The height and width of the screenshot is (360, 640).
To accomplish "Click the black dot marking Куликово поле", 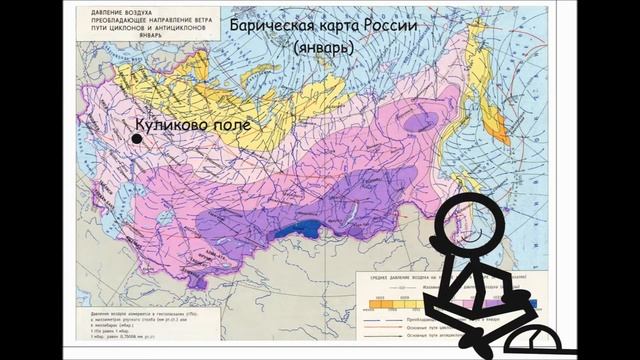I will point(137,138).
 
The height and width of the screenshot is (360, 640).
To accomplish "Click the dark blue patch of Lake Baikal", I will point(291,232).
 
